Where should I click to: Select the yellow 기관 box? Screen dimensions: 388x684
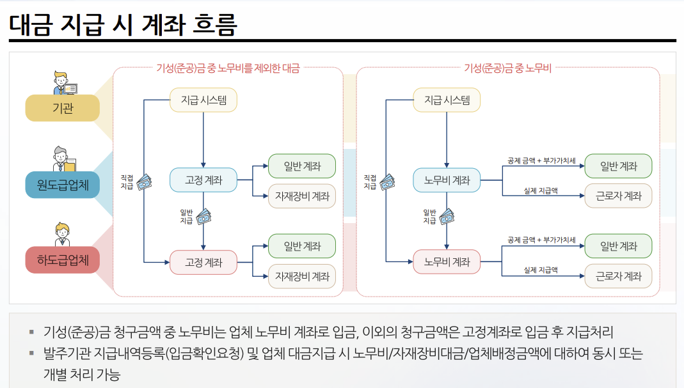[63, 108]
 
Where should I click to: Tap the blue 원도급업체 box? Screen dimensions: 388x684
[63, 185]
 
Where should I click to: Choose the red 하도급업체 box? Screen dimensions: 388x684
[63, 261]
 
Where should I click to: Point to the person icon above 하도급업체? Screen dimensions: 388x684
[62, 234]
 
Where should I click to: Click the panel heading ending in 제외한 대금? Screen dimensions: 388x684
[228, 68]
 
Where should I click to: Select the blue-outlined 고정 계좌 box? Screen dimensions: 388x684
[203, 180]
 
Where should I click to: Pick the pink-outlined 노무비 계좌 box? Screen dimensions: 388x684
[447, 261]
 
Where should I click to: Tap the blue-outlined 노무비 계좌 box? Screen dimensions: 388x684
[447, 180]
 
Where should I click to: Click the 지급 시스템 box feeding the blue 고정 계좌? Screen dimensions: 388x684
[203, 100]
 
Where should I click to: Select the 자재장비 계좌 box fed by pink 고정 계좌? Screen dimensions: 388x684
[302, 276]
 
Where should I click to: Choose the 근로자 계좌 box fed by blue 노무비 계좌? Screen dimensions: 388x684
[618, 196]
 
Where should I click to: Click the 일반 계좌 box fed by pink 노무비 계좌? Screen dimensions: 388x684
[618, 246]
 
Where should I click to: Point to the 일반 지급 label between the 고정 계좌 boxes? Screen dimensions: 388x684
[186, 217]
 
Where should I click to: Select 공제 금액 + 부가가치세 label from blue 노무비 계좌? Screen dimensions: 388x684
[541, 160]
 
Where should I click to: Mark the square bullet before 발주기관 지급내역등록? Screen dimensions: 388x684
[31, 353]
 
